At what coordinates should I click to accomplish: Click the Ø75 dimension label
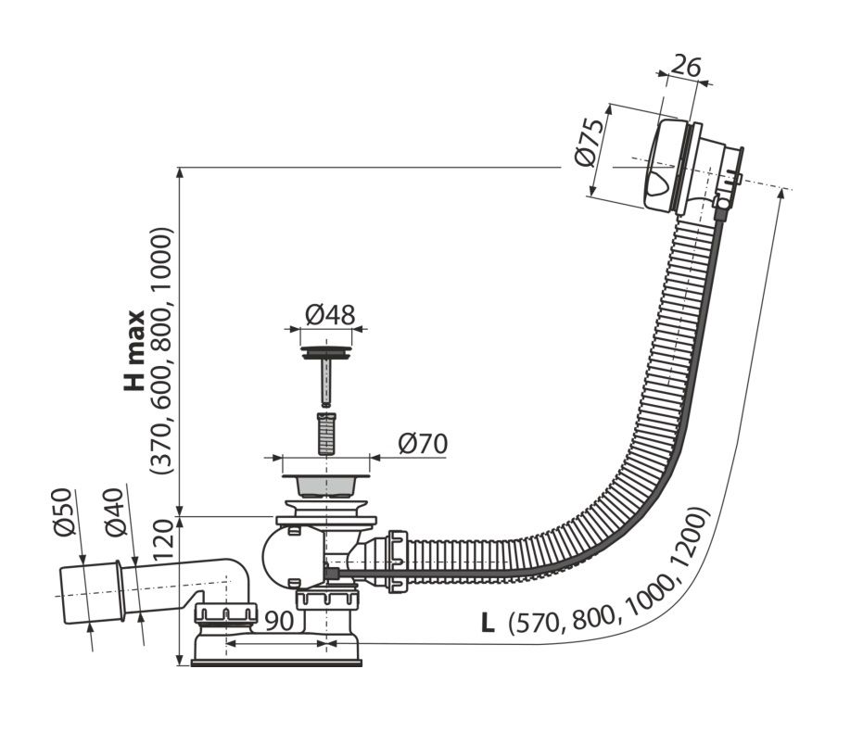588,143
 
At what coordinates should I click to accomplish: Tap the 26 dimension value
686,67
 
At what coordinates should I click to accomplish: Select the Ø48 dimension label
330,316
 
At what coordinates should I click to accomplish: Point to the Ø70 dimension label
423,444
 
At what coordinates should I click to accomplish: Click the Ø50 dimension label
64,511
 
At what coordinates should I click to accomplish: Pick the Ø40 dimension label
116,512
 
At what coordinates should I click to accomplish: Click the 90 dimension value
280,621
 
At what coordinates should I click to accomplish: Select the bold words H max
133,350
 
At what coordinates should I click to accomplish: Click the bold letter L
488,624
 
